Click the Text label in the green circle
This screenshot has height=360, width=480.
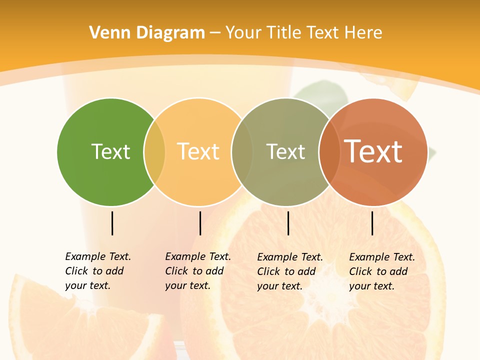coord(110,151)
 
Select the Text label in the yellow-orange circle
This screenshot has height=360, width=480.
coord(198,151)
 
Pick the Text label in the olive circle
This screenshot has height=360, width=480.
coord(285,151)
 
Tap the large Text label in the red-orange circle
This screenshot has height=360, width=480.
coord(373,151)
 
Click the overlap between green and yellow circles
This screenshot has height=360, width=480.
coord(154,152)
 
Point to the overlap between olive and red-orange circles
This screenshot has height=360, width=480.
coord(329,152)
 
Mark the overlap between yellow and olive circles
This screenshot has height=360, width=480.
coord(242,152)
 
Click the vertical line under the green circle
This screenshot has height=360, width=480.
coord(112,223)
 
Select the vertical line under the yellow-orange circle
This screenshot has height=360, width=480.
coord(200,223)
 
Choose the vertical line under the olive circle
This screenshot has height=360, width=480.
coord(288,223)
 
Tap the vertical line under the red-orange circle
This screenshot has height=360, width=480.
coord(372,223)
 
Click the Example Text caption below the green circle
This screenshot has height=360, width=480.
coord(97,271)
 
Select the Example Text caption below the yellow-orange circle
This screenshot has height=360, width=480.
coord(197,271)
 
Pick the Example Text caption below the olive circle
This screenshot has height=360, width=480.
coord(289,271)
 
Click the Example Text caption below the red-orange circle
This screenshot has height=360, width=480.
coord(381,271)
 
